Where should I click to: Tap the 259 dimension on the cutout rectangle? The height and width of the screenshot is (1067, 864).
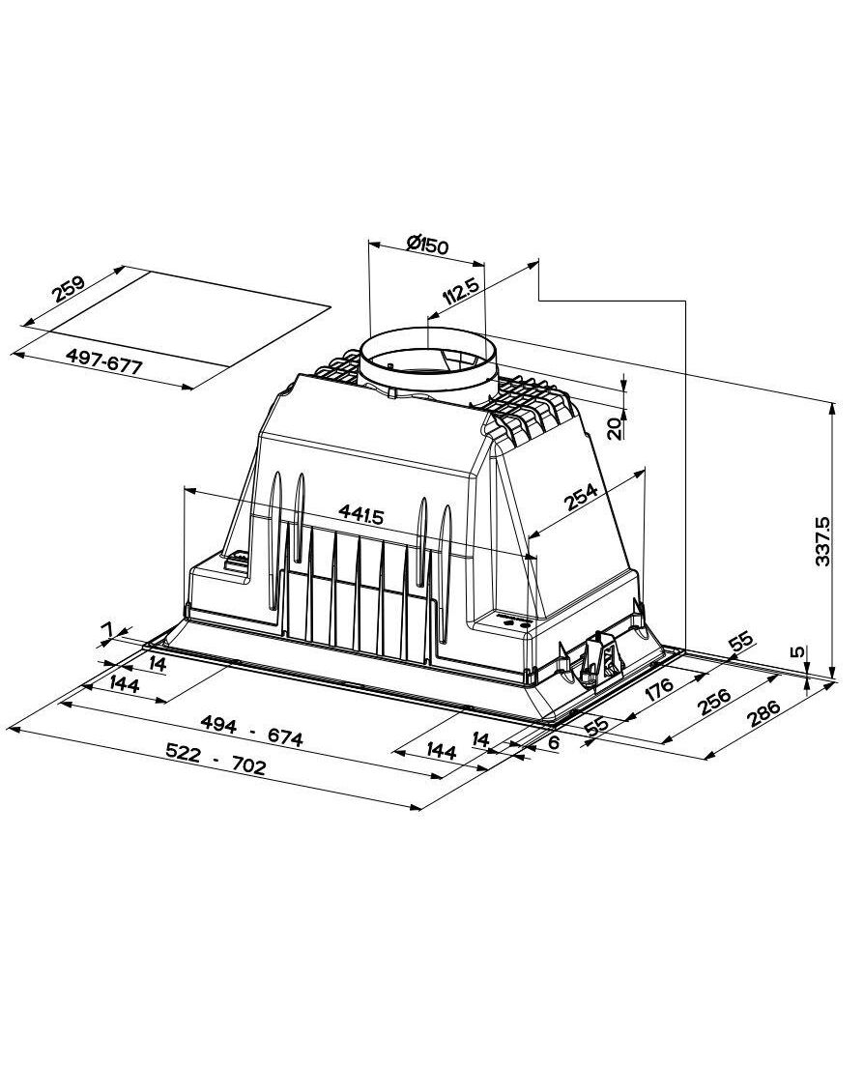pyautogui.click(x=69, y=289)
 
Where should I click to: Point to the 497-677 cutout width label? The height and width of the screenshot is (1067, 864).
pyautogui.click(x=104, y=360)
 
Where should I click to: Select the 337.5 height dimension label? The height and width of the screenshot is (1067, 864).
pyautogui.click(x=822, y=541)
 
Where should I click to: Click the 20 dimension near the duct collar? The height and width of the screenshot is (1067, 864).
pyautogui.click(x=615, y=429)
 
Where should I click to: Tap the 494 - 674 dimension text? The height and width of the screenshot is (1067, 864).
pyautogui.click(x=251, y=732)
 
